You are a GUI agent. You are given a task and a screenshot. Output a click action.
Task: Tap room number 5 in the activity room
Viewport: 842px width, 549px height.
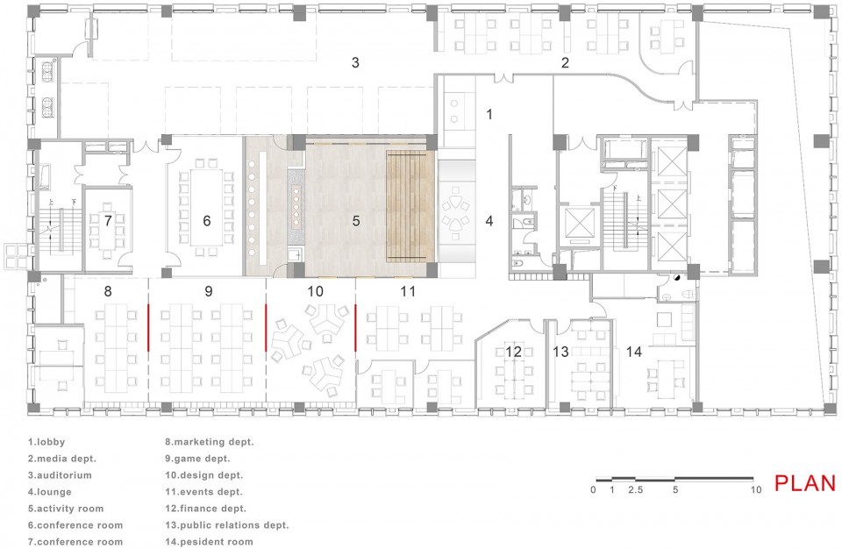(356, 221)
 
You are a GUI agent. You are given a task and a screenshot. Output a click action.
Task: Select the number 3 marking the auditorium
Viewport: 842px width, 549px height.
(355, 62)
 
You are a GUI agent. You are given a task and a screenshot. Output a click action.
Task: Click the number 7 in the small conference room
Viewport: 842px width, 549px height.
(108, 220)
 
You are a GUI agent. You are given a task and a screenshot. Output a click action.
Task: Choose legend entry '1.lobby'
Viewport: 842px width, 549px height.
(46, 443)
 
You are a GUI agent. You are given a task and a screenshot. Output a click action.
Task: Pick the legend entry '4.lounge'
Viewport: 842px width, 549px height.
(51, 492)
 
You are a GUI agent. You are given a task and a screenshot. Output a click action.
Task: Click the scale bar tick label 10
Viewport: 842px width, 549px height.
(754, 490)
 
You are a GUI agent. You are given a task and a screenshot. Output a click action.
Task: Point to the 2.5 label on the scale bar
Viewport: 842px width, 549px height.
(634, 490)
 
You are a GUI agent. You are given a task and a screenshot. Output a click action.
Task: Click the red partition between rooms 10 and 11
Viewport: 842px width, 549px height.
(355, 328)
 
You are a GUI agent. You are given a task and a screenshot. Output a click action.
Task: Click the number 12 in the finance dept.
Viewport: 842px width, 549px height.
(513, 352)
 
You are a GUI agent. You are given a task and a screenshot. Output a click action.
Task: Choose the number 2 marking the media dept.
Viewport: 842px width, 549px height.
(566, 62)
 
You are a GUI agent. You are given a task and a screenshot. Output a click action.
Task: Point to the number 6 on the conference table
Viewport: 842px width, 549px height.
(207, 221)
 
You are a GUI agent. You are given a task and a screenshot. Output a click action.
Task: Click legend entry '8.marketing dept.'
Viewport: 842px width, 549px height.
(209, 443)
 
